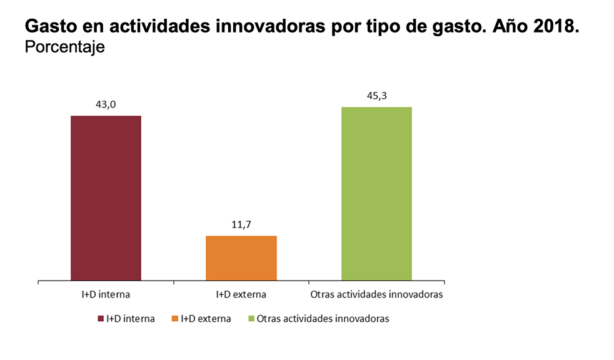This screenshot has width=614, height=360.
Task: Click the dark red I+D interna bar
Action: pyautogui.click(x=106, y=198)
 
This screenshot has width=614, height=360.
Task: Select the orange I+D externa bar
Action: pyautogui.click(x=241, y=258)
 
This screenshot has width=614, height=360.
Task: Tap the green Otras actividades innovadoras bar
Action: pyautogui.click(x=376, y=194)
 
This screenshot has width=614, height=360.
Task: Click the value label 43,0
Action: pyautogui.click(x=106, y=104)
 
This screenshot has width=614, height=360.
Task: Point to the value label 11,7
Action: pyautogui.click(x=241, y=224)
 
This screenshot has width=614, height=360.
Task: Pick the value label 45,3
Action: pyautogui.click(x=376, y=96)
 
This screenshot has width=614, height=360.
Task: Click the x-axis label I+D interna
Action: pyautogui.click(x=106, y=294)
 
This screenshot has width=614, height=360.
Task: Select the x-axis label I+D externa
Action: pyautogui.click(x=241, y=294)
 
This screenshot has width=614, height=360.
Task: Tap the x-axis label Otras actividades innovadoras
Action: pyautogui.click(x=376, y=294)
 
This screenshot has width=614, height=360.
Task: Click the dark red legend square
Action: pyautogui.click(x=101, y=319)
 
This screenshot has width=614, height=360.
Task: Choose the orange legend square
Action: pyautogui.click(x=174, y=319)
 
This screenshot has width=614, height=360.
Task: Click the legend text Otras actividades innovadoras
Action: pyautogui.click(x=323, y=319)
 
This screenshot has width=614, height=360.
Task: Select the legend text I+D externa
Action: pyautogui.click(x=206, y=319)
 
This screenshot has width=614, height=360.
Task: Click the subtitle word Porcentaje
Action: pyautogui.click(x=64, y=47)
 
